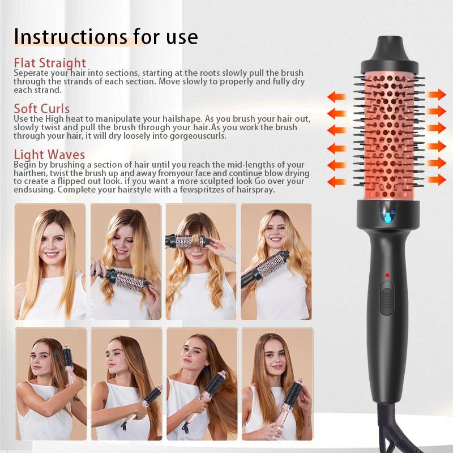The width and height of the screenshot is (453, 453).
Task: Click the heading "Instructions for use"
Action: point(106,37)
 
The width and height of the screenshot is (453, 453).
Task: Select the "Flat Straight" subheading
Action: point(50,63)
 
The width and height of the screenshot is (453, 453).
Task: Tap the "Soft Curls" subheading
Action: point(41,109)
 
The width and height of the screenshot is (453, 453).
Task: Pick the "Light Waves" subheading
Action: point(49,155)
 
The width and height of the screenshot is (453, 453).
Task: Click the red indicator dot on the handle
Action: point(387,275)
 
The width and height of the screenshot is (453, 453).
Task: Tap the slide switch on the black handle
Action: point(387,298)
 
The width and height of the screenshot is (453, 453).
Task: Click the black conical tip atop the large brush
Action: point(390,48)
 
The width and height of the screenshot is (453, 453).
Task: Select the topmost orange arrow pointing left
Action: point(336,97)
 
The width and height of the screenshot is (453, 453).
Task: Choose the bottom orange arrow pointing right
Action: point(437,180)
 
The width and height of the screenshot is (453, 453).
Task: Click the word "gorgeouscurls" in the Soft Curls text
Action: point(198,136)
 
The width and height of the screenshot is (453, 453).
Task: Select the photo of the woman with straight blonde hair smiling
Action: point(50,262)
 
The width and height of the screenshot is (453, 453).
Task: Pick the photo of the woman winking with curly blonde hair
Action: point(276,262)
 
